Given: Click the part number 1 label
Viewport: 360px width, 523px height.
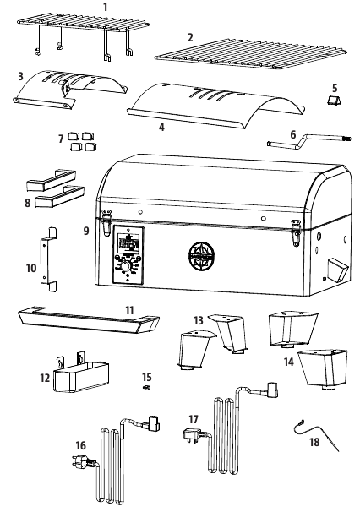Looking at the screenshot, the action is click(106, 7).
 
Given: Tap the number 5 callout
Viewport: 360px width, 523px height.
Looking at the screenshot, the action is click(335, 88).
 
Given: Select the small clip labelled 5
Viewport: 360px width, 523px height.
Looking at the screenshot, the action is click(335, 100).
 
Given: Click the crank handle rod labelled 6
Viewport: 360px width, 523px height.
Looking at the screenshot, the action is click(308, 140).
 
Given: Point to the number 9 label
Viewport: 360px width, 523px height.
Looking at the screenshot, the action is click(86, 231).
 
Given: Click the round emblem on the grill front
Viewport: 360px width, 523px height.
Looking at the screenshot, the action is click(200, 256).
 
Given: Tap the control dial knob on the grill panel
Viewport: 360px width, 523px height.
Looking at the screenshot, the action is click(125, 266).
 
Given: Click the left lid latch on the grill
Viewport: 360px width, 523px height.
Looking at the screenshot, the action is click(106, 222).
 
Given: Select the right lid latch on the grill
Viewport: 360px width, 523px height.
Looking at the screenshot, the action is click(296, 232).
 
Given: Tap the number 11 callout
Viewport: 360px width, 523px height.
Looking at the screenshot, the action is click(129, 310).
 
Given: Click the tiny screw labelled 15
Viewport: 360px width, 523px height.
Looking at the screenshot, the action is click(146, 388).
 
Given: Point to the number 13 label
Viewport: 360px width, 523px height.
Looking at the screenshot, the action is click(199, 320).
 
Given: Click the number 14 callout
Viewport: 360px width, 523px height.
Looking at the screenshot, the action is click(289, 362).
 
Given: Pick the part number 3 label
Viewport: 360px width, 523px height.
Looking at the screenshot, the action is click(20, 76).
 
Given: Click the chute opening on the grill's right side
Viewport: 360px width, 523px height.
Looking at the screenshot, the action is click(338, 270).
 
